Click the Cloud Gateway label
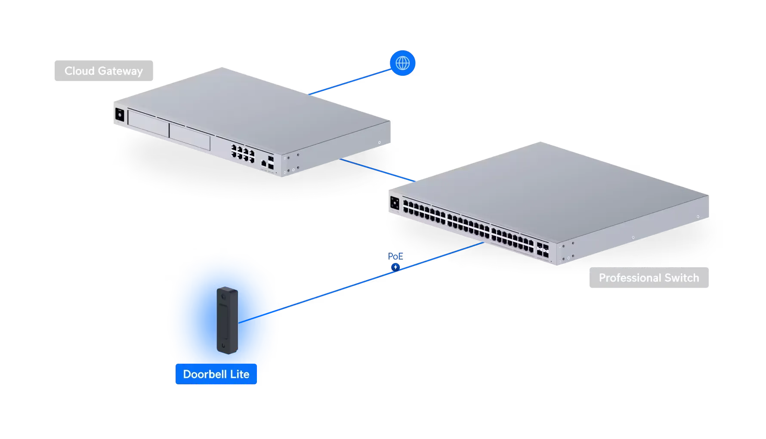103,71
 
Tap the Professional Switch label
649,278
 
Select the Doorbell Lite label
216,374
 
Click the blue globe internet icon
402,63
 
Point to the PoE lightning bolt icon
395,267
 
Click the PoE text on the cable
395,257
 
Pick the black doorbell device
227,320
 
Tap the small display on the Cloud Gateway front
119,115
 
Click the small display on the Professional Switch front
395,203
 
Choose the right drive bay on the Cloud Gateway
189,136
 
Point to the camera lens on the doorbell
224,297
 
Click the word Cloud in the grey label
80,71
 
